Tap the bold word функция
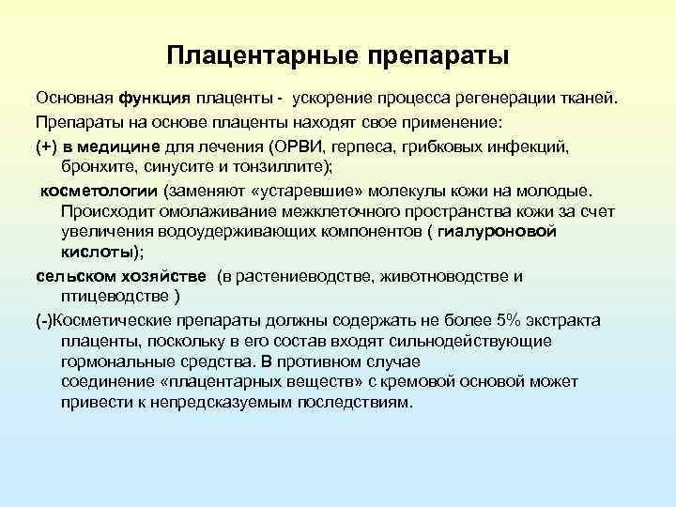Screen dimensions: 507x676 154,100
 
